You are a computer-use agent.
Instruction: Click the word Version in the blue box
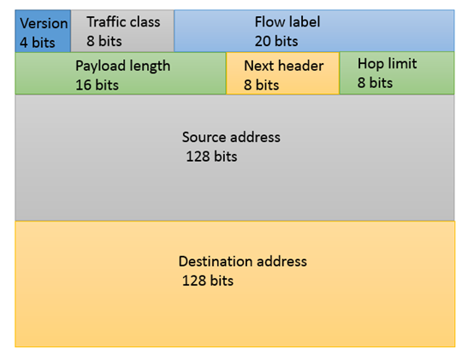[44, 24]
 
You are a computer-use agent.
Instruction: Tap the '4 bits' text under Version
[38, 43]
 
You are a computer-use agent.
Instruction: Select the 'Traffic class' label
[123, 22]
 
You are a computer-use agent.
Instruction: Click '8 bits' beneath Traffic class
[104, 41]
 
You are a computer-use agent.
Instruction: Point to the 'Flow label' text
[287, 22]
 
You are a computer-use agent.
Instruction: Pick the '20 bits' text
[276, 41]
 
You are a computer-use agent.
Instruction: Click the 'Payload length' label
[122, 67]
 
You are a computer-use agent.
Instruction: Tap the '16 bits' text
[97, 85]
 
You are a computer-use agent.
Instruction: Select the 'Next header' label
[284, 66]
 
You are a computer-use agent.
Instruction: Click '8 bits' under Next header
[262, 85]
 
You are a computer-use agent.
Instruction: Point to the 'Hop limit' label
[388, 64]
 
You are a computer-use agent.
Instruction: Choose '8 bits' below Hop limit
[375, 83]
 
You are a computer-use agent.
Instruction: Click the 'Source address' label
[231, 137]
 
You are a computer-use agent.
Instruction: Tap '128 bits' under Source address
[211, 156]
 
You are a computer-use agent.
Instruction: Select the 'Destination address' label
[243, 262]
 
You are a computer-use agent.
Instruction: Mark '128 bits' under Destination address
[208, 280]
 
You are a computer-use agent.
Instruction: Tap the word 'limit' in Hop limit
[403, 63]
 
